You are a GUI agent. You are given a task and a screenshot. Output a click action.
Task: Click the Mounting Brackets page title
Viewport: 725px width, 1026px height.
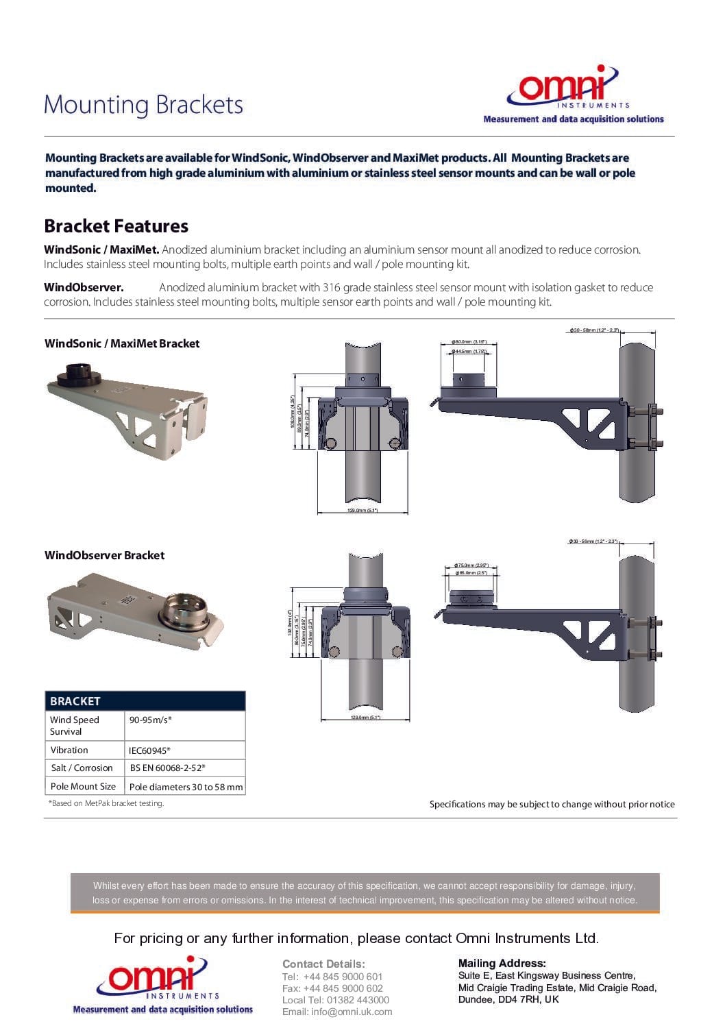(143, 105)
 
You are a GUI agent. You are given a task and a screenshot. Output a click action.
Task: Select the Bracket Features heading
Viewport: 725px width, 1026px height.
(116, 226)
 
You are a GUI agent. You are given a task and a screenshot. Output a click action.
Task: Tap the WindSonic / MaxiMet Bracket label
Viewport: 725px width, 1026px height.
(122, 343)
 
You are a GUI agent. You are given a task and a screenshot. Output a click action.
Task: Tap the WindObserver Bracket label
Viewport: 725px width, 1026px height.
(104, 555)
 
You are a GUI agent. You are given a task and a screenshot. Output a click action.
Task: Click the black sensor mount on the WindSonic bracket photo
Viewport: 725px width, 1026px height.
(78, 375)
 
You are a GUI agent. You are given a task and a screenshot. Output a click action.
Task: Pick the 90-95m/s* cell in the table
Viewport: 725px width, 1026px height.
(151, 720)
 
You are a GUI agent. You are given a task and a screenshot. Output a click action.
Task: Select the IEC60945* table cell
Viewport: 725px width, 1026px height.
(149, 750)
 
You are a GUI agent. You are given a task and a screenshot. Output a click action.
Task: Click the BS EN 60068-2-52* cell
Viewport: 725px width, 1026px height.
(167, 768)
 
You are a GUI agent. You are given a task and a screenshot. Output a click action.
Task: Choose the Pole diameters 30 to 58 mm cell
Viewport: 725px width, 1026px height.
(186, 787)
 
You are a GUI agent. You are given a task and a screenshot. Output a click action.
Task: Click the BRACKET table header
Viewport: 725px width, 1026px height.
(75, 701)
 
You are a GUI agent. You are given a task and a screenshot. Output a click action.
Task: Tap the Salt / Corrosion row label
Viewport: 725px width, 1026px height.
(82, 768)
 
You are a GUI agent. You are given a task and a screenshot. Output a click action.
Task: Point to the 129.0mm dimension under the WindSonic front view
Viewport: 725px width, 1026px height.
(363, 511)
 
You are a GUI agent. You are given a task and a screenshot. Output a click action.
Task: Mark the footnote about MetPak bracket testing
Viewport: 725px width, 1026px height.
(106, 803)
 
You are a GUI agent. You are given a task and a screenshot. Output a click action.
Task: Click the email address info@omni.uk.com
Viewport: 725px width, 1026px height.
(337, 1012)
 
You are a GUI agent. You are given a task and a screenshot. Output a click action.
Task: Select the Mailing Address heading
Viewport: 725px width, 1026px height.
(502, 963)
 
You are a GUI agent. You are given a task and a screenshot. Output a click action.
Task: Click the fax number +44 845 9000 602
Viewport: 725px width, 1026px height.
(332, 988)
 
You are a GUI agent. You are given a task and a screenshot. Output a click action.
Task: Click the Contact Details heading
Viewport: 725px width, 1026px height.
(323, 964)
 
